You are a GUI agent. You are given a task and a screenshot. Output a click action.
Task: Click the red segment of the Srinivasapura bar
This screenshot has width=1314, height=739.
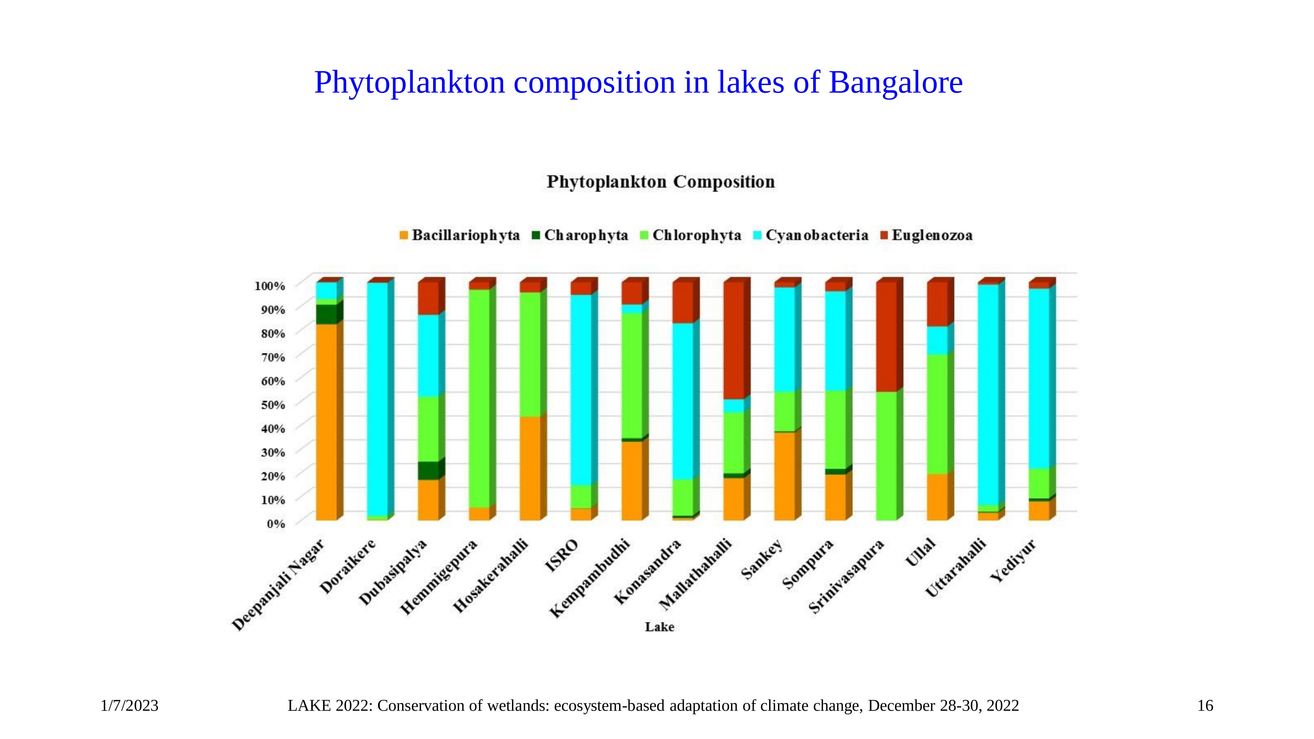point(886,337)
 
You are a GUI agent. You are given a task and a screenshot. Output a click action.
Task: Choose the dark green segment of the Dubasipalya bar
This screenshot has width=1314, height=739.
point(428,471)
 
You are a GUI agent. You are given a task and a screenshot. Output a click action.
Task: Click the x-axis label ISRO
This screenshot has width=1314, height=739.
point(562,556)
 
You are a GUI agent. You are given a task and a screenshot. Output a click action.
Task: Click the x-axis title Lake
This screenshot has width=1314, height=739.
point(659,627)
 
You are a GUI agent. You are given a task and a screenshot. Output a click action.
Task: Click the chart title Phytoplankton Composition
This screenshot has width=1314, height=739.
point(660,182)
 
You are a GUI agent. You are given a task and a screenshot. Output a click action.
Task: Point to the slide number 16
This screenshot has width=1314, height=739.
point(1205,706)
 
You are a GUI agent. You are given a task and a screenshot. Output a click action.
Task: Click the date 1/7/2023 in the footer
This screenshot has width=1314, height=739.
point(130,706)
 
